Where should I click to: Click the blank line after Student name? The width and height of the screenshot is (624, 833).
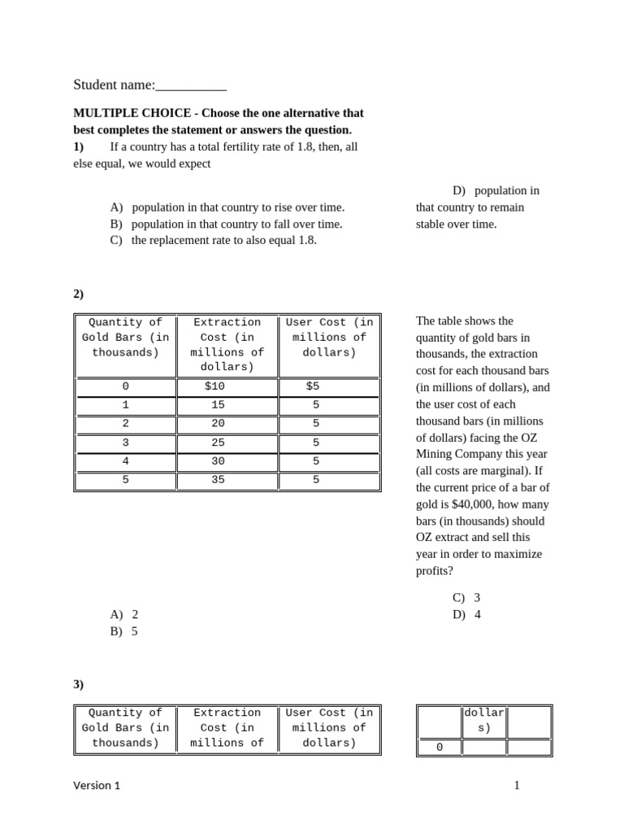coord(191,85)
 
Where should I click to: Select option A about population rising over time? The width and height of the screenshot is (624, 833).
coord(227,207)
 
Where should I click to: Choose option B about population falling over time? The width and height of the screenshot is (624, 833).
coord(227,224)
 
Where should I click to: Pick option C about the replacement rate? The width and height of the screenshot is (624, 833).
coord(214,240)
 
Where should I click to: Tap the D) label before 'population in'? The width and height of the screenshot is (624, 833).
coord(459,190)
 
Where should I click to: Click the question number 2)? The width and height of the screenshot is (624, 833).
coord(79,294)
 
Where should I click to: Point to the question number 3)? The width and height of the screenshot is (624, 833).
coord(79,684)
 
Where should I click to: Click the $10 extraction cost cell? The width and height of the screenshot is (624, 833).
coord(214,386)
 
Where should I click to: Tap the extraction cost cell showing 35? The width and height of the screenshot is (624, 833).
coord(218,480)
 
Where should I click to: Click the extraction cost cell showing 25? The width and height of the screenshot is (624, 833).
coord(218,443)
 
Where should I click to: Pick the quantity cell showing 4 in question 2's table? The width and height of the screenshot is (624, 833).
coord(125,461)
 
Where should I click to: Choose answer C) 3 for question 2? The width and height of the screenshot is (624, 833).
coord(466,597)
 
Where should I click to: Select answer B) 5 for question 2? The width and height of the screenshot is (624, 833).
coord(124,631)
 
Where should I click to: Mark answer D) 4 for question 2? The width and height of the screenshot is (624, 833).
coord(466,614)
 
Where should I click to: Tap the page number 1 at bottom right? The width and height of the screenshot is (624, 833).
coord(516,785)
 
